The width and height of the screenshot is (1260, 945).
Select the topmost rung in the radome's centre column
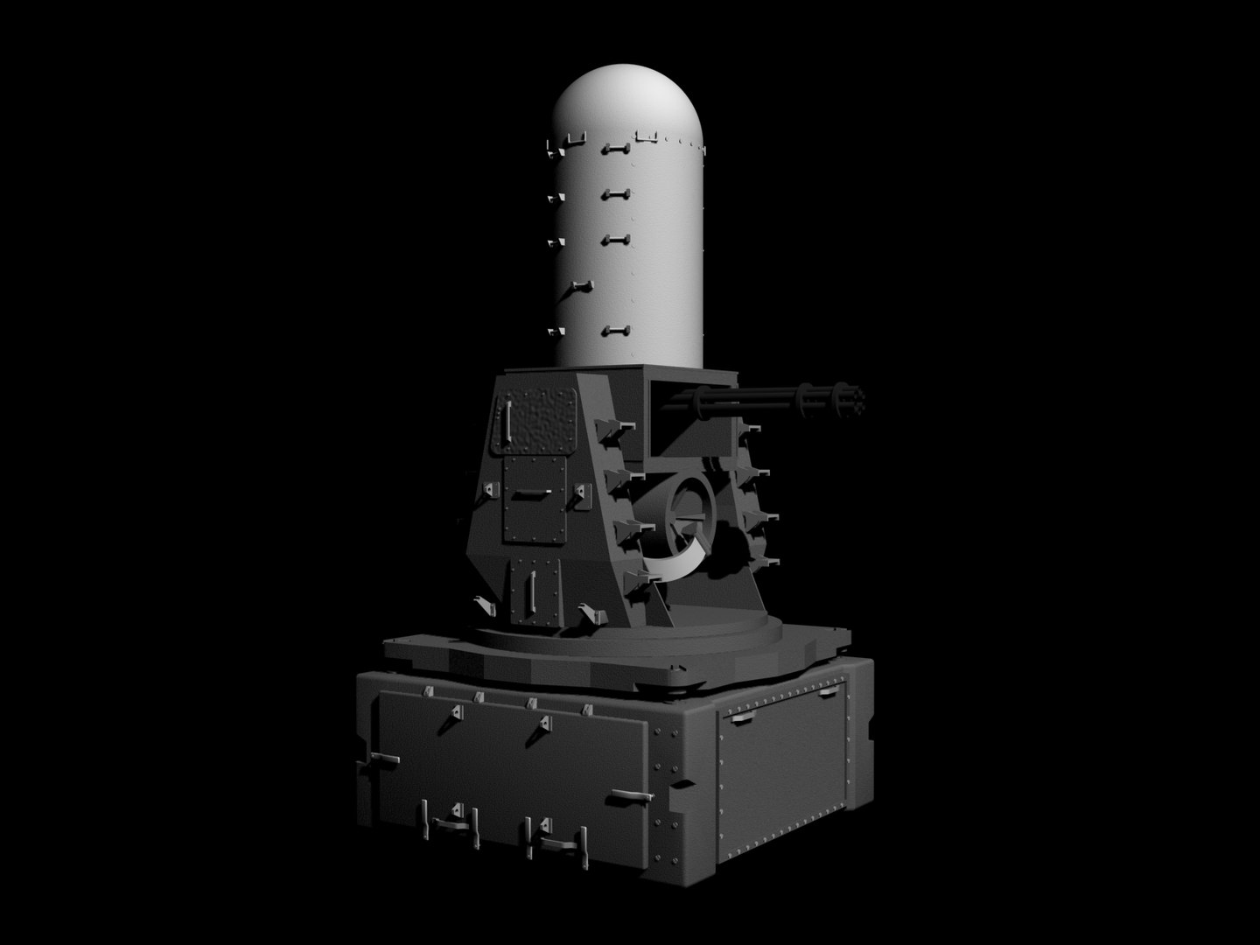pyautogui.click(x=616, y=150)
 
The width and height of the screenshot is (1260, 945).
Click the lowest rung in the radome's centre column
pyautogui.click(x=616, y=330)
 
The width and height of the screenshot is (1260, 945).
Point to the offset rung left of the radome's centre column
pyautogui.click(x=579, y=287)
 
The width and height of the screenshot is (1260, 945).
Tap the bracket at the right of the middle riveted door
pyautogui.click(x=580, y=496)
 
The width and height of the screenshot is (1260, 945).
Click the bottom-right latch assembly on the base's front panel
pyautogui.click(x=556, y=838)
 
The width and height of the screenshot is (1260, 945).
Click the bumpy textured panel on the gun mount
pyautogui.click(x=535, y=422)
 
